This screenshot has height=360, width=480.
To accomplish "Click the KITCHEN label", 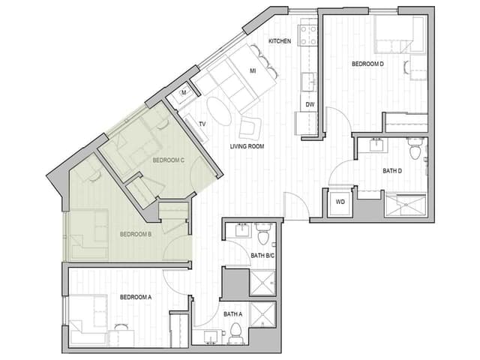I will (280, 41).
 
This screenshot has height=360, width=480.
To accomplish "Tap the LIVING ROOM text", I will (247, 146).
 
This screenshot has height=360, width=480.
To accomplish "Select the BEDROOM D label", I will (367, 64).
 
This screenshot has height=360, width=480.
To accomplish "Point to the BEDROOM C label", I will (168, 160).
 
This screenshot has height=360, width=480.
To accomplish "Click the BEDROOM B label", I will (136, 234).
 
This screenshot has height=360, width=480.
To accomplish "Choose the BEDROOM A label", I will (136, 297).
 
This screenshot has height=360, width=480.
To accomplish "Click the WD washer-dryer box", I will (339, 202).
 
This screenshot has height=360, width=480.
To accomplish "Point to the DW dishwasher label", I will (309, 104).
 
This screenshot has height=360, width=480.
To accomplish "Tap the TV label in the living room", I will (202, 124).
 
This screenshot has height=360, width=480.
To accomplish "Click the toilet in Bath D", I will (415, 150).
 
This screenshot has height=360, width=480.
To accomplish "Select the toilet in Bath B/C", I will (262, 237).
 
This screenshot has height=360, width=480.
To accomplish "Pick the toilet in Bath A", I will (235, 331).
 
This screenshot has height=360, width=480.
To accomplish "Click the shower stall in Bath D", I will (404, 205).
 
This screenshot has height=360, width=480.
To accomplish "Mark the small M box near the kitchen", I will (183, 94).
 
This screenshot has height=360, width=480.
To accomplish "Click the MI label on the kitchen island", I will (253, 71).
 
